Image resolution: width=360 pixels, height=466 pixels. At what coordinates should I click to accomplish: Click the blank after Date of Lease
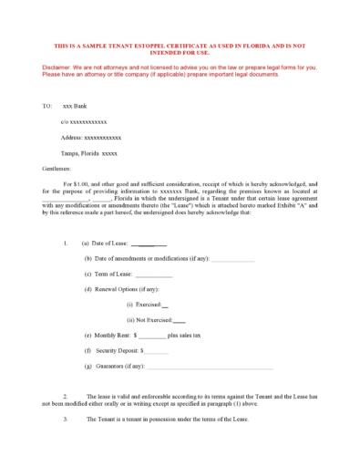149,244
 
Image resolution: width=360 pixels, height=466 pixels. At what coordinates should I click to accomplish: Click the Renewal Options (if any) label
121,289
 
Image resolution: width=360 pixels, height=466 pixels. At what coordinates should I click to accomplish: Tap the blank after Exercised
164,305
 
